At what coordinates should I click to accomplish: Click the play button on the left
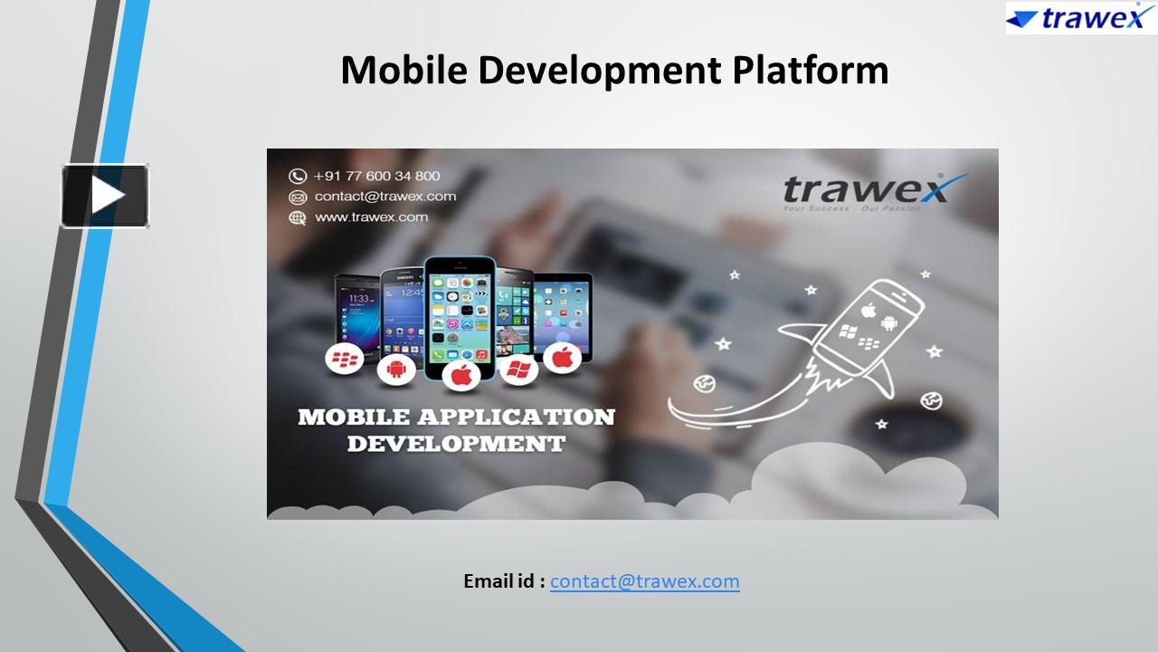click(x=105, y=196)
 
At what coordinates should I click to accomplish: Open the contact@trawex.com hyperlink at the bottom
click(x=644, y=581)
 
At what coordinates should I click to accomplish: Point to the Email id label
click(x=504, y=581)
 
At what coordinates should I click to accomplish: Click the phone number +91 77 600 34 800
click(x=376, y=176)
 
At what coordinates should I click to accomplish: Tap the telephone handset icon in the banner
click(x=298, y=176)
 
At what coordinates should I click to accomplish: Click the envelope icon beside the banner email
click(x=298, y=197)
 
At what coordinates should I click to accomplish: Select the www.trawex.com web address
click(x=371, y=217)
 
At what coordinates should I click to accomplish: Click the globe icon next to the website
click(x=298, y=217)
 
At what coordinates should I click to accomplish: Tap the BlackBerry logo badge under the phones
click(x=345, y=360)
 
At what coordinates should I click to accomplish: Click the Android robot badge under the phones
click(x=396, y=369)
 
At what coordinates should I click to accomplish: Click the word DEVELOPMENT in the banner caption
click(x=456, y=444)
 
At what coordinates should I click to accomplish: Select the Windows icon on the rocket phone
click(x=848, y=331)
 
